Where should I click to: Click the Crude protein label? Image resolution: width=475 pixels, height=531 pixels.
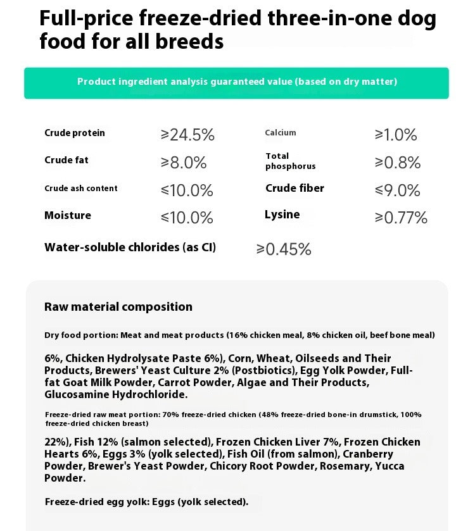coord(75,133)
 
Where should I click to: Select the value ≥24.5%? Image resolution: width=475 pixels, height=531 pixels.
coord(187,135)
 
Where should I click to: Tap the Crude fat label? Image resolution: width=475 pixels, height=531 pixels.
coord(66,160)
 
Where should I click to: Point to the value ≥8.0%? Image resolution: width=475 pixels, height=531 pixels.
coord(184,163)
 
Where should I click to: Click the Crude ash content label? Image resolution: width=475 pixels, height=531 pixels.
coord(80,188)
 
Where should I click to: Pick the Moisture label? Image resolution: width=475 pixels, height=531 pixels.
coord(68,215)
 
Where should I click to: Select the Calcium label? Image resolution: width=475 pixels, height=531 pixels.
coord(281,132)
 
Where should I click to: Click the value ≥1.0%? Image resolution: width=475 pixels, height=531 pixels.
coord(396,135)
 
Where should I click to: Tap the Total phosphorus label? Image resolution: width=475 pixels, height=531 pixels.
coord(290,161)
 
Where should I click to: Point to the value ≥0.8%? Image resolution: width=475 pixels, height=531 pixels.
coord(398,163)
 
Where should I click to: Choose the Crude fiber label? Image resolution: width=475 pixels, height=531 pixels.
coord(294,188)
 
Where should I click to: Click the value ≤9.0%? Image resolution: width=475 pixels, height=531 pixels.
coord(398,191)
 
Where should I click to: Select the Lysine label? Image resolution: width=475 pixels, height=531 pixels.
coord(282,215)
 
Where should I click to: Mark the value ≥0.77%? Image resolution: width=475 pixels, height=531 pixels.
coord(401,218)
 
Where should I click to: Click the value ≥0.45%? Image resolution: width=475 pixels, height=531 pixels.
coord(284,249)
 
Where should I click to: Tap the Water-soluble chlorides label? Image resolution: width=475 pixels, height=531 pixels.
coord(130,247)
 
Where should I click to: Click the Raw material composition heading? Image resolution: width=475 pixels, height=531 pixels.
coord(118,307)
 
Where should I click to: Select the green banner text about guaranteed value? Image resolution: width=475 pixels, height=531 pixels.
coord(237,82)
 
